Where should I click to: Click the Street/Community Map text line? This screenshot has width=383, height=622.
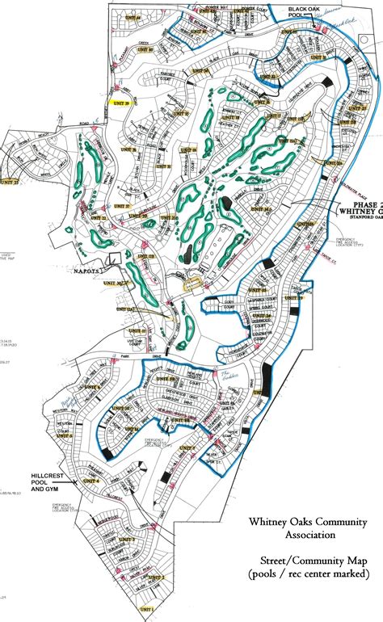point(306,559)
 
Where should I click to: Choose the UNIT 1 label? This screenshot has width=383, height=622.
point(145,607)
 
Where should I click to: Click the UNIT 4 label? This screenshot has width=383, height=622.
point(90,481)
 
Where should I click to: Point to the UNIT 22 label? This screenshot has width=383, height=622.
point(9,182)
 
